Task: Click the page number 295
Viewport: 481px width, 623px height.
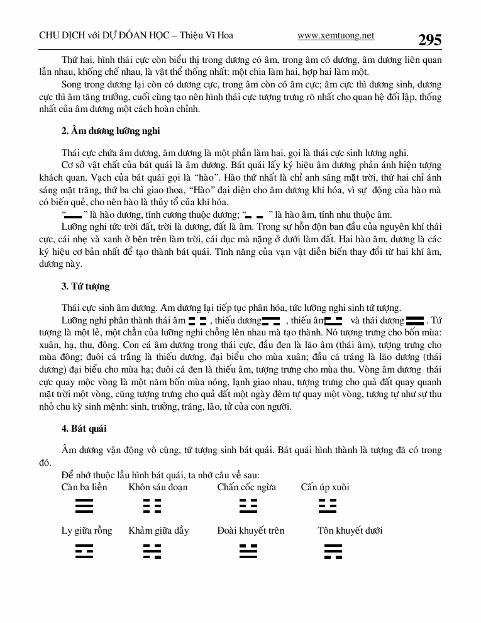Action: click(429, 40)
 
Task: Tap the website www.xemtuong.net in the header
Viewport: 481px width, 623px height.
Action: click(336, 36)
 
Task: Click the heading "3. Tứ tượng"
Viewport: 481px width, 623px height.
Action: click(86, 286)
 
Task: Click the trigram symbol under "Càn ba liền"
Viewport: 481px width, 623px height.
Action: click(84, 507)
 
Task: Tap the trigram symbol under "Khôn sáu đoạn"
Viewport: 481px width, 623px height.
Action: click(152, 507)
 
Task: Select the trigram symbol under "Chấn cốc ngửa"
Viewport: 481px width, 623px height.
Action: click(248, 507)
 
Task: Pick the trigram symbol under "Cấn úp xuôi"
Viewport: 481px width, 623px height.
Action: click(328, 507)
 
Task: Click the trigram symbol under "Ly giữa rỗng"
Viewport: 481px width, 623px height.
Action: click(84, 551)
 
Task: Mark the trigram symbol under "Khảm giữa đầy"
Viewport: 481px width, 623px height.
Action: click(152, 551)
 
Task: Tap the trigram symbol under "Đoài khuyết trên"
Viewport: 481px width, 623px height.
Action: click(248, 551)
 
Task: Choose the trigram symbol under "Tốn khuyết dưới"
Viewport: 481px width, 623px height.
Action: click(333, 551)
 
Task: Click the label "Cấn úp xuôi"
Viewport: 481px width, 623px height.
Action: click(325, 487)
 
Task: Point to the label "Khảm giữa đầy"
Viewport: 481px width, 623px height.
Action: click(158, 530)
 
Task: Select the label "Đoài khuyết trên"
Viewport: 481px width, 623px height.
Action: click(251, 530)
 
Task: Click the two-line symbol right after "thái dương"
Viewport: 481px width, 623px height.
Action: click(415, 321)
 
